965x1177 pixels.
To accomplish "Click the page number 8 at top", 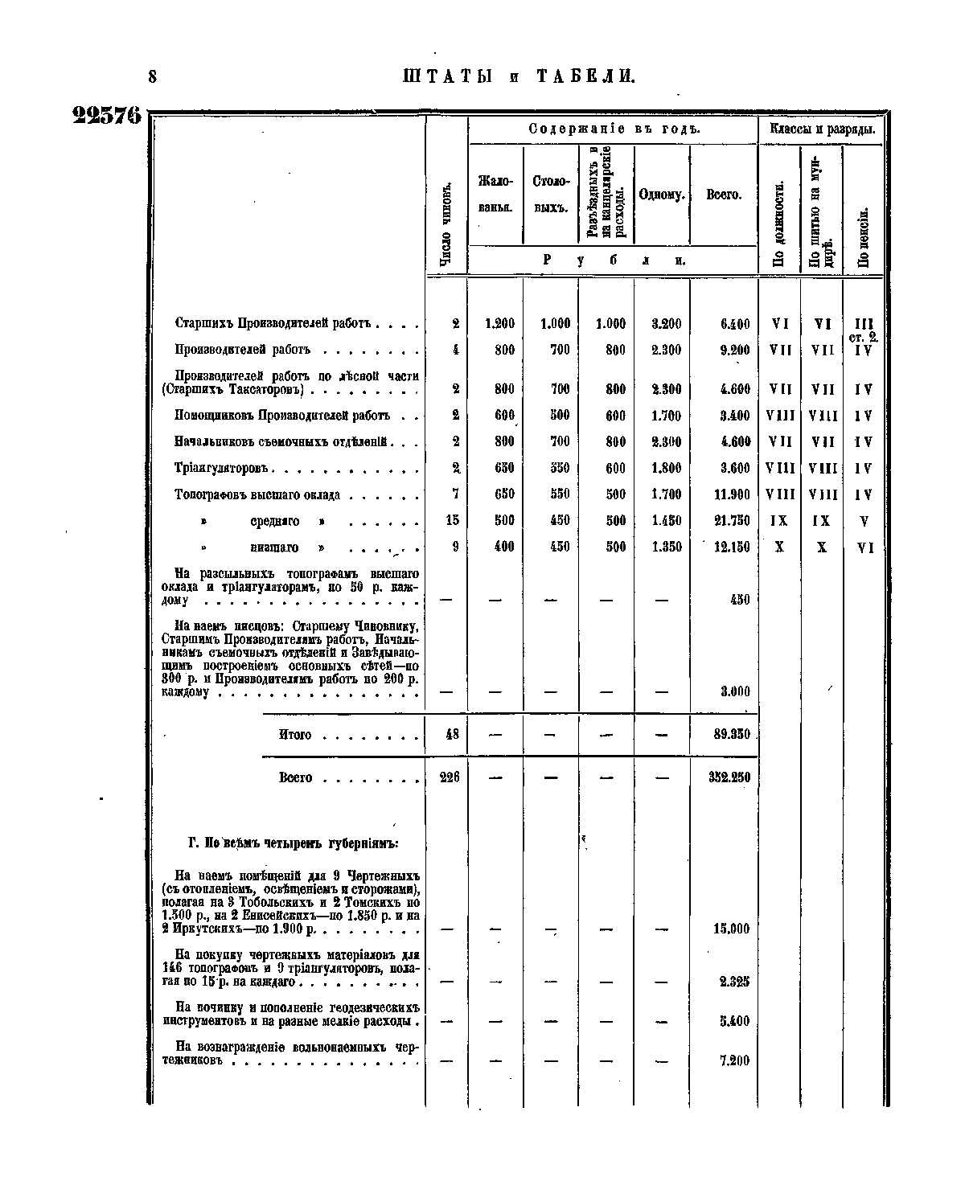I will click(x=152, y=76).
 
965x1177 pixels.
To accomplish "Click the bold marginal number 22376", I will click(x=107, y=116).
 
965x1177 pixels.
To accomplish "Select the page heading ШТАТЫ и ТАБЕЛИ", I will click(x=519, y=76).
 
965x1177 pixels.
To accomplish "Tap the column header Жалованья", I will click(x=495, y=195).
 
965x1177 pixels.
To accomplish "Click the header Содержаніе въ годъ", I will click(x=614, y=129).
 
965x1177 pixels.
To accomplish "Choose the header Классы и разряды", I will click(x=822, y=129).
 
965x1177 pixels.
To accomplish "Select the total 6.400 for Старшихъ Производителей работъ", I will click(x=735, y=324).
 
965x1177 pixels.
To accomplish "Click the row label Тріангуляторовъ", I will click(x=225, y=468).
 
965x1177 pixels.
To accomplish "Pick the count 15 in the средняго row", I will click(x=452, y=520).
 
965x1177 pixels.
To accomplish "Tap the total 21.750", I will click(x=732, y=520).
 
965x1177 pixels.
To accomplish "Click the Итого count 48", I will click(x=452, y=734).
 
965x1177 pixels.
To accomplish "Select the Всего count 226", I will click(x=450, y=777).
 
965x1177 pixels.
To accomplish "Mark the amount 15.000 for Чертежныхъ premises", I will click(x=731, y=929).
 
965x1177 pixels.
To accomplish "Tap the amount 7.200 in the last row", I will click(x=734, y=1060).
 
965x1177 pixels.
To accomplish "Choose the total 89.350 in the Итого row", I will click(x=732, y=734).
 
